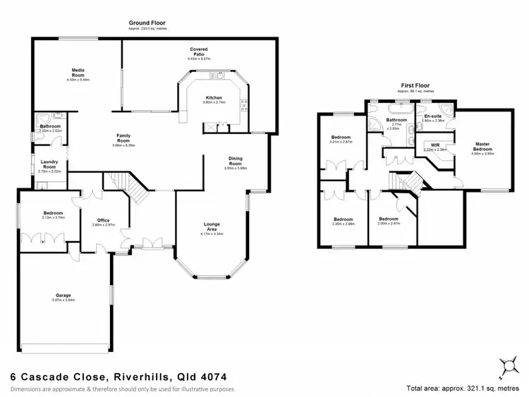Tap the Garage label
tap(63, 295)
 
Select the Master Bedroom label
tap(483, 146)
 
